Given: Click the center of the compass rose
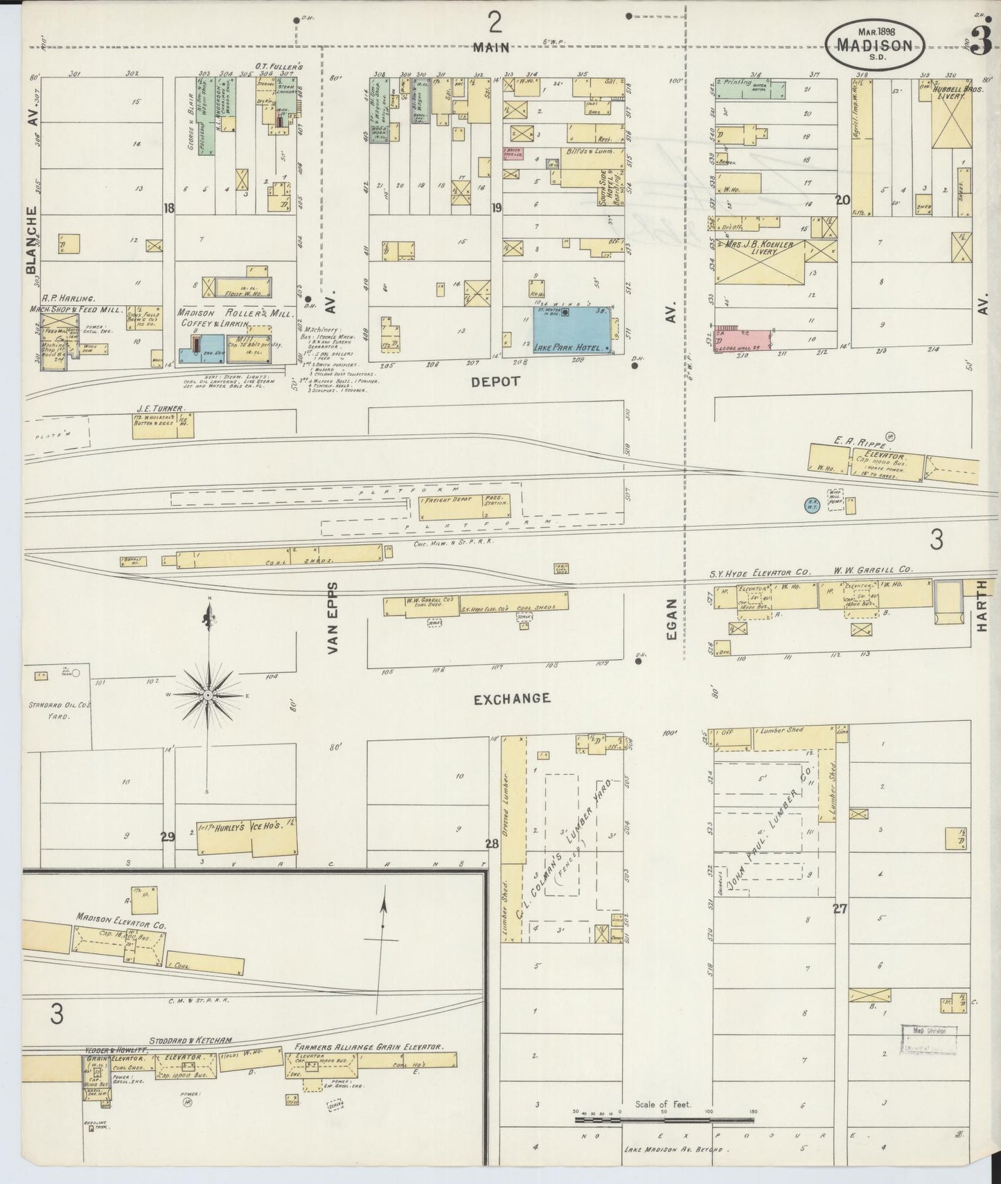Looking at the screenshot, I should (208, 694).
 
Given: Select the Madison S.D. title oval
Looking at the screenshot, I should (874, 43).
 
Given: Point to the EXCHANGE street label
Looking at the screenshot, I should (511, 699).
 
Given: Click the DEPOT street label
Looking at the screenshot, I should (495, 381).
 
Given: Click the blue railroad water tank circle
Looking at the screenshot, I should (810, 505).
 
